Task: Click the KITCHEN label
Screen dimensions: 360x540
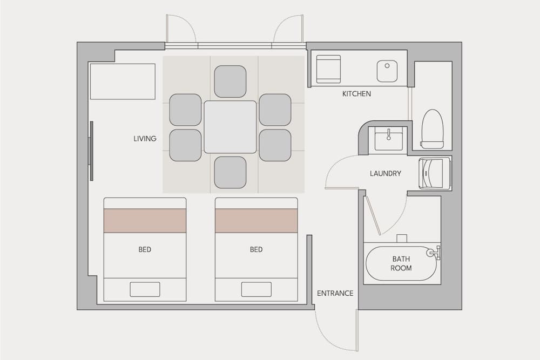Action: pos(356,94)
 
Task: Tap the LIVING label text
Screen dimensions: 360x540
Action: pos(145,139)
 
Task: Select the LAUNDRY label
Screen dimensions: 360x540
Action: pos(385,174)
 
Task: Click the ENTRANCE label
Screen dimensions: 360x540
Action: pos(335,294)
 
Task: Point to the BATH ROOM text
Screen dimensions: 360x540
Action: pos(401,263)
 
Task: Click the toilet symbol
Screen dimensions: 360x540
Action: pos(432,129)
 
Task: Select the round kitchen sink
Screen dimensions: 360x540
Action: pos(387,71)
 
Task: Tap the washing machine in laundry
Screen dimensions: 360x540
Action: pos(434,173)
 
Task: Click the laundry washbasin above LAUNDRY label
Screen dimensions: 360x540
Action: pos(388,139)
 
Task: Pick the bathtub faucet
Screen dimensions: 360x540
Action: pos(433,252)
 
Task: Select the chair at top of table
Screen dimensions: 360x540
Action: pos(230,81)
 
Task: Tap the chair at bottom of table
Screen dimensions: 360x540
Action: pos(230,172)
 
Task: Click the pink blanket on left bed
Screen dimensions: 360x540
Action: pos(145,221)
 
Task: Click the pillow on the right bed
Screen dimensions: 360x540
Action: pos(256,289)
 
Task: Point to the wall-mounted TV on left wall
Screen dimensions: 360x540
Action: pos(91,151)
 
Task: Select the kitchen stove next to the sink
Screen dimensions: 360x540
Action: pos(328,70)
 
